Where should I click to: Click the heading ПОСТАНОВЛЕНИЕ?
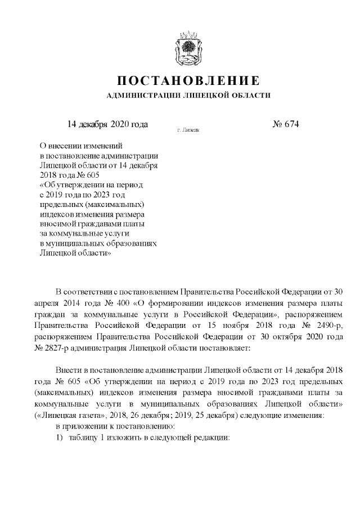[x=188, y=80]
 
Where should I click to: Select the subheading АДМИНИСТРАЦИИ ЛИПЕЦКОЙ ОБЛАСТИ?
[x=188, y=96]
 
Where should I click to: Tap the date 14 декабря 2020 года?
[x=107, y=124]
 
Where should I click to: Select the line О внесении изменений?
[x=85, y=145]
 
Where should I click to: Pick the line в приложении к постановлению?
[x=107, y=427]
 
